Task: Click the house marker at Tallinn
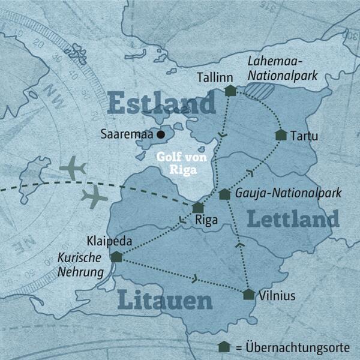pyautogui.click(x=230, y=91)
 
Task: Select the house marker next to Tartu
pyautogui.click(x=280, y=135)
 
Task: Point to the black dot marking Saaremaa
pyautogui.click(x=161, y=136)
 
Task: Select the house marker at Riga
pyautogui.click(x=198, y=208)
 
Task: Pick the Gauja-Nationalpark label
pyautogui.click(x=287, y=193)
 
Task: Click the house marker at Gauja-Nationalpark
pyautogui.click(x=224, y=194)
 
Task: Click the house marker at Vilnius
pyautogui.click(x=248, y=294)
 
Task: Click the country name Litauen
pyautogui.click(x=166, y=299)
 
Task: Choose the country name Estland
pyautogui.click(x=162, y=103)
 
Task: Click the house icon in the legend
pyautogui.click(x=224, y=347)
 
